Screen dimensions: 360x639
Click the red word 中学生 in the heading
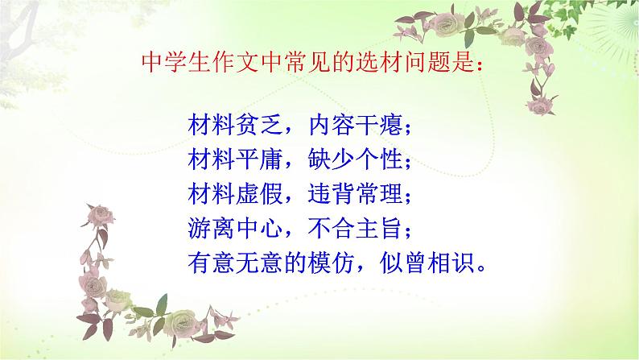pyautogui.click(x=174, y=62)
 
